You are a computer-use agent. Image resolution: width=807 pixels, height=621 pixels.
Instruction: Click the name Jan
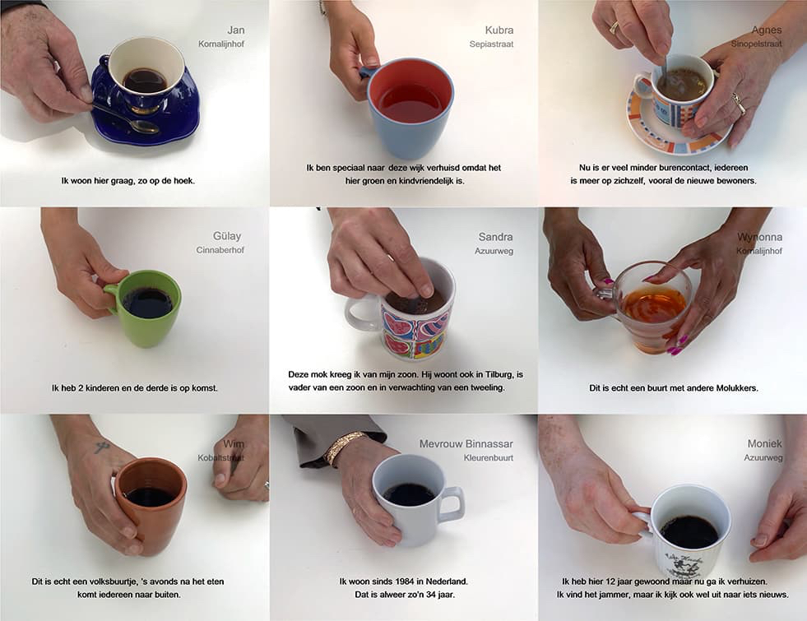coord(236,30)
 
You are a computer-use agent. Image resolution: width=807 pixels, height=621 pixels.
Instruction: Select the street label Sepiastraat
coord(491,44)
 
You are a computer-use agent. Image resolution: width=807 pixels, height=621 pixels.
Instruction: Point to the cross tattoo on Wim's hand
coord(101,447)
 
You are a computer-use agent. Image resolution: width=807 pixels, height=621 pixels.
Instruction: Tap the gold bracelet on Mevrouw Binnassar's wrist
coord(342,446)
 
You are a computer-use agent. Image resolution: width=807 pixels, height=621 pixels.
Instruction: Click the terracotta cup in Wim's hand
coord(151,504)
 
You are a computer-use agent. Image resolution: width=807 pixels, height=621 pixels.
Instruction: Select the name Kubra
coord(499,30)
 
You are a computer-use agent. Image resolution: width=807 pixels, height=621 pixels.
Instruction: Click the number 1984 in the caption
coord(405,582)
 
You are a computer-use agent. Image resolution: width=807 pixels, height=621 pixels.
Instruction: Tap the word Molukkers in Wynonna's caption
coord(737,388)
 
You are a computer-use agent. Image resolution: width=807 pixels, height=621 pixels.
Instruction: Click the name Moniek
coord(765,443)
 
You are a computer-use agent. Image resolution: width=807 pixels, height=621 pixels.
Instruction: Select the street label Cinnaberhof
coord(220,250)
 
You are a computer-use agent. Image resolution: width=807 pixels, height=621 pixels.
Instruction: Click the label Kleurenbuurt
coord(489,458)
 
